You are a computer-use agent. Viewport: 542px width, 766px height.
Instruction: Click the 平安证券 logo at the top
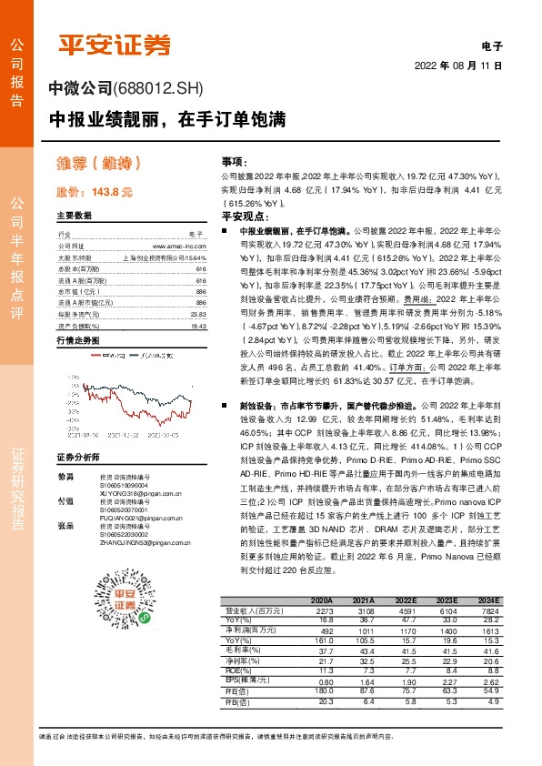pos(115,43)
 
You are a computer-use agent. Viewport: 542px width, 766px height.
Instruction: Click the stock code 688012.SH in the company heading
pos(161,89)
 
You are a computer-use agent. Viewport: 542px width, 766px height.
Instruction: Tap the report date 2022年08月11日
pos(458,66)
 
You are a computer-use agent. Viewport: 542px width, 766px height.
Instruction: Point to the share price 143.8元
pos(95,192)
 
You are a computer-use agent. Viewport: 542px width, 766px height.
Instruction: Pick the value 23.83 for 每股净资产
pos(197,314)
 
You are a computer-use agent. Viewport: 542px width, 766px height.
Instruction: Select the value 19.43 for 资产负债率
pos(197,325)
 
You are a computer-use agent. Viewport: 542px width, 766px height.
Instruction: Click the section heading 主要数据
pos(75,216)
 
